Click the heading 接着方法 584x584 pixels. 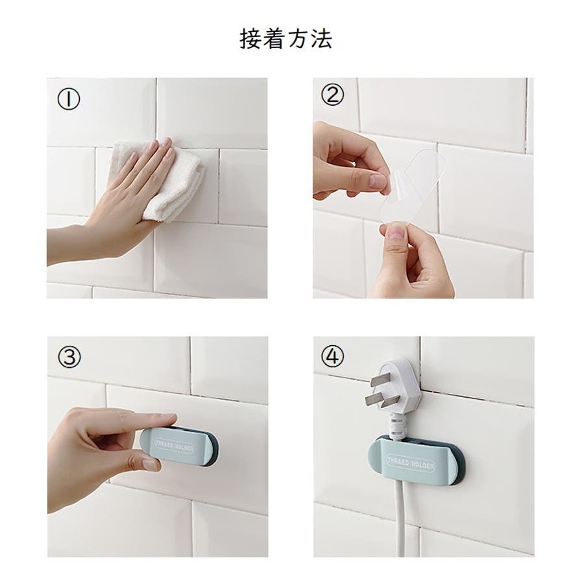click(x=286, y=39)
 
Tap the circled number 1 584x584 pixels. click(x=69, y=99)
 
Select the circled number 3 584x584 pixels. click(x=69, y=357)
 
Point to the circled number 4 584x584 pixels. click(x=333, y=356)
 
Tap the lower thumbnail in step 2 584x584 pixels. click(x=396, y=233)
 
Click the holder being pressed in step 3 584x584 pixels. click(x=180, y=446)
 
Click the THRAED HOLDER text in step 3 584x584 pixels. click(x=175, y=445)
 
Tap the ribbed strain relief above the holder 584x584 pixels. click(x=398, y=428)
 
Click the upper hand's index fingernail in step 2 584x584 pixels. click(x=378, y=182)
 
